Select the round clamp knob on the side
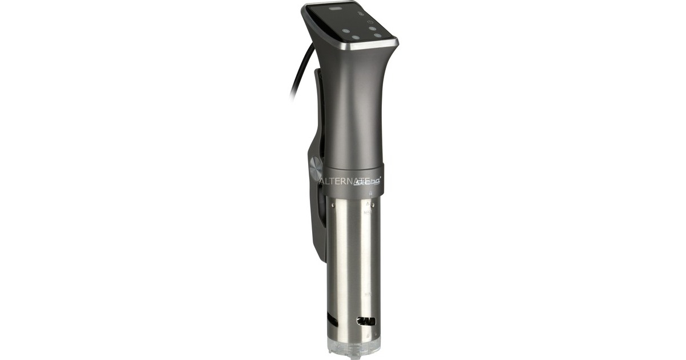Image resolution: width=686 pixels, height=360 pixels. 316,169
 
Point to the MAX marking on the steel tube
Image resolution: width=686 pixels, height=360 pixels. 368,213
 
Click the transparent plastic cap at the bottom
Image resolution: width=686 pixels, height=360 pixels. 352,346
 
